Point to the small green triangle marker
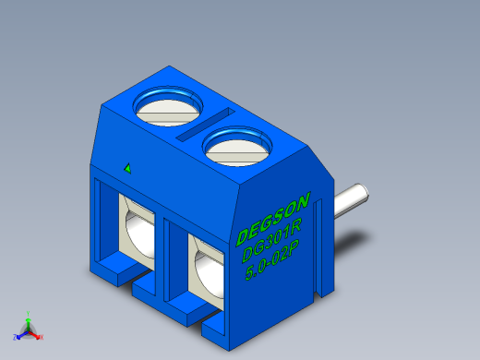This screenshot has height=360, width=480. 127,168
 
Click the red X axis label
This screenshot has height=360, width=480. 42,337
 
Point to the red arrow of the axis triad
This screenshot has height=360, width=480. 36,333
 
